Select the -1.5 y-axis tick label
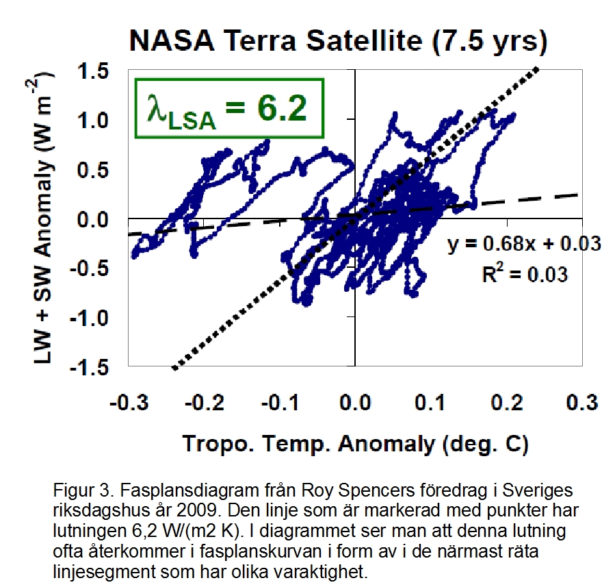tap(94, 367)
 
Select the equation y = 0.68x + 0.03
tap(524, 243)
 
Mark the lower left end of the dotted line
tap(173, 368)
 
